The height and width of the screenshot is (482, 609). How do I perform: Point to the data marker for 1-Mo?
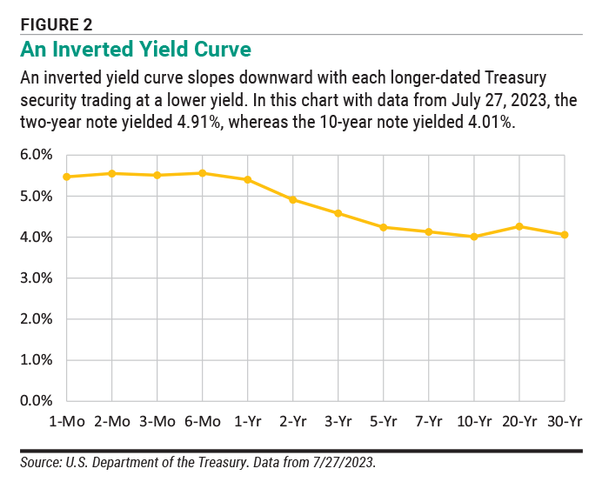click(x=67, y=177)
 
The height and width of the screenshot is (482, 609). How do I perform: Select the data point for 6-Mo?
click(x=203, y=173)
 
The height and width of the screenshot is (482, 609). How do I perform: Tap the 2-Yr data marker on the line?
click(x=293, y=200)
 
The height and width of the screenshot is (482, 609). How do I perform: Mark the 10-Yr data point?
click(x=474, y=237)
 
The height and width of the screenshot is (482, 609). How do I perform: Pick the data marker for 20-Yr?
click(x=519, y=226)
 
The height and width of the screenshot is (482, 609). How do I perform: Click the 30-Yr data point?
click(x=565, y=235)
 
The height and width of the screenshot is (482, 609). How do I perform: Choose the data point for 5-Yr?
click(x=384, y=227)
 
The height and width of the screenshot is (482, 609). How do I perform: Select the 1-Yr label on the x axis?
click(x=248, y=421)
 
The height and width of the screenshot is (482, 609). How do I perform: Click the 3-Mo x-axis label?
click(x=157, y=421)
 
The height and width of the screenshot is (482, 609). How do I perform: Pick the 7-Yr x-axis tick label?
click(x=429, y=421)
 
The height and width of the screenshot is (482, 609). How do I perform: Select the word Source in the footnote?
click(x=40, y=462)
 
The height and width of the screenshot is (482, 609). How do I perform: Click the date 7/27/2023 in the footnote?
click(x=345, y=462)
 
